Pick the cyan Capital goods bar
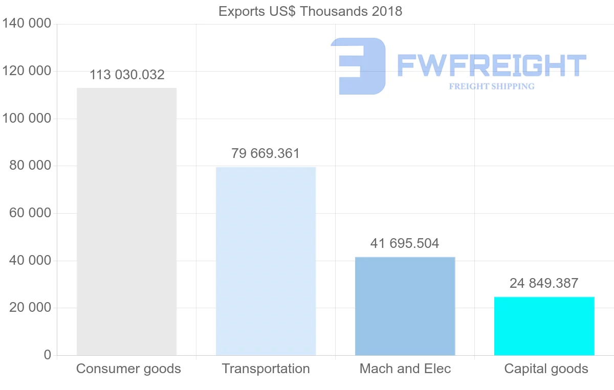click(544, 326)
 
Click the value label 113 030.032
click(127, 75)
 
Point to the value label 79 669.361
click(266, 153)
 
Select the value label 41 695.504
click(405, 243)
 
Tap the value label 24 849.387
click(544, 283)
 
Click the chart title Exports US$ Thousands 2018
click(310, 11)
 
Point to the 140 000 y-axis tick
click(27, 24)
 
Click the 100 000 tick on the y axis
click(27, 119)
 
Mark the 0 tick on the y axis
click(47, 355)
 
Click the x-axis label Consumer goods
click(128, 369)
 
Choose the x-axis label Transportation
click(266, 369)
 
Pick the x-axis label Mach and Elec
click(405, 369)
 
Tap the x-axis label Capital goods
click(546, 369)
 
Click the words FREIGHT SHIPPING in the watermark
click(492, 86)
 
